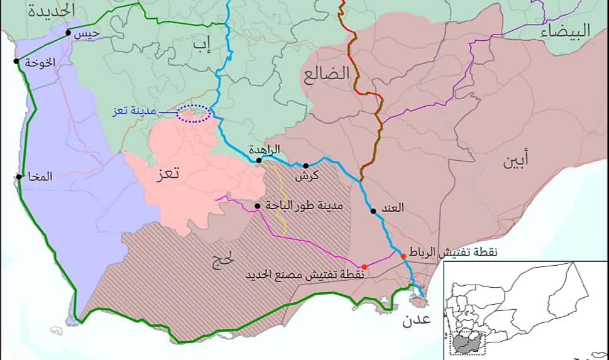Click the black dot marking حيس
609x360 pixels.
pos(69,32)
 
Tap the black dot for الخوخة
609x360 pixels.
pos(16,62)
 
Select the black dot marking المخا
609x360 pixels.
pos(18,176)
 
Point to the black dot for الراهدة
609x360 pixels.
pos(258,160)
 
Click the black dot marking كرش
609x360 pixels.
pos(305,166)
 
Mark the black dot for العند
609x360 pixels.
pos(373,210)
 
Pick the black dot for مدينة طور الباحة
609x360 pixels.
pos(257,206)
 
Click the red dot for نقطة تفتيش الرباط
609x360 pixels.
pos(403,256)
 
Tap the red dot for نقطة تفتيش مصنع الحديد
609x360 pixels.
pos(365,267)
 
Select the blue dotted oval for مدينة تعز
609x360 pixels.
pos(193,113)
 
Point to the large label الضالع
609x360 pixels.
pos(326,75)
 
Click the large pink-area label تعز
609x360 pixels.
pos(168,175)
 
